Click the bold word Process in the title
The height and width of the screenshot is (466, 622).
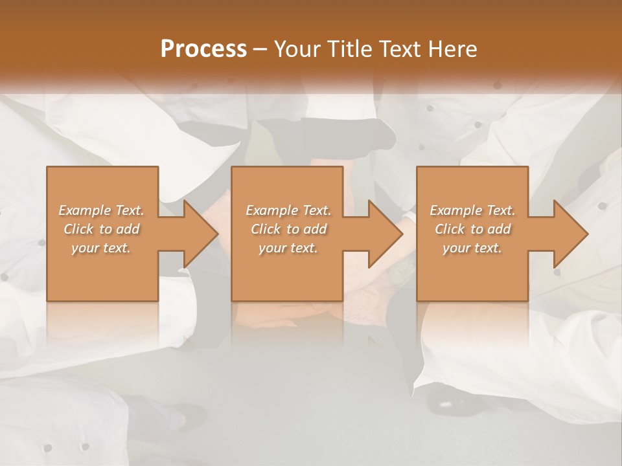click(x=203, y=49)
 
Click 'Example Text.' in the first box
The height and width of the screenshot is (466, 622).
click(x=101, y=210)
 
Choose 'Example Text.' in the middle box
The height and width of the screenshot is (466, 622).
click(x=288, y=210)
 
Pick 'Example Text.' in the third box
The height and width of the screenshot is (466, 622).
click(x=472, y=210)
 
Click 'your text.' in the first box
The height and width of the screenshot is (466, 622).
click(x=101, y=248)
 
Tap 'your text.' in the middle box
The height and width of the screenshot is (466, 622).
click(x=288, y=248)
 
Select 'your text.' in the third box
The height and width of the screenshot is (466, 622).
click(x=472, y=248)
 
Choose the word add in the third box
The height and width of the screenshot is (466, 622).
click(x=499, y=229)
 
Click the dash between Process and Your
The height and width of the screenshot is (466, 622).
click(x=260, y=49)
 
